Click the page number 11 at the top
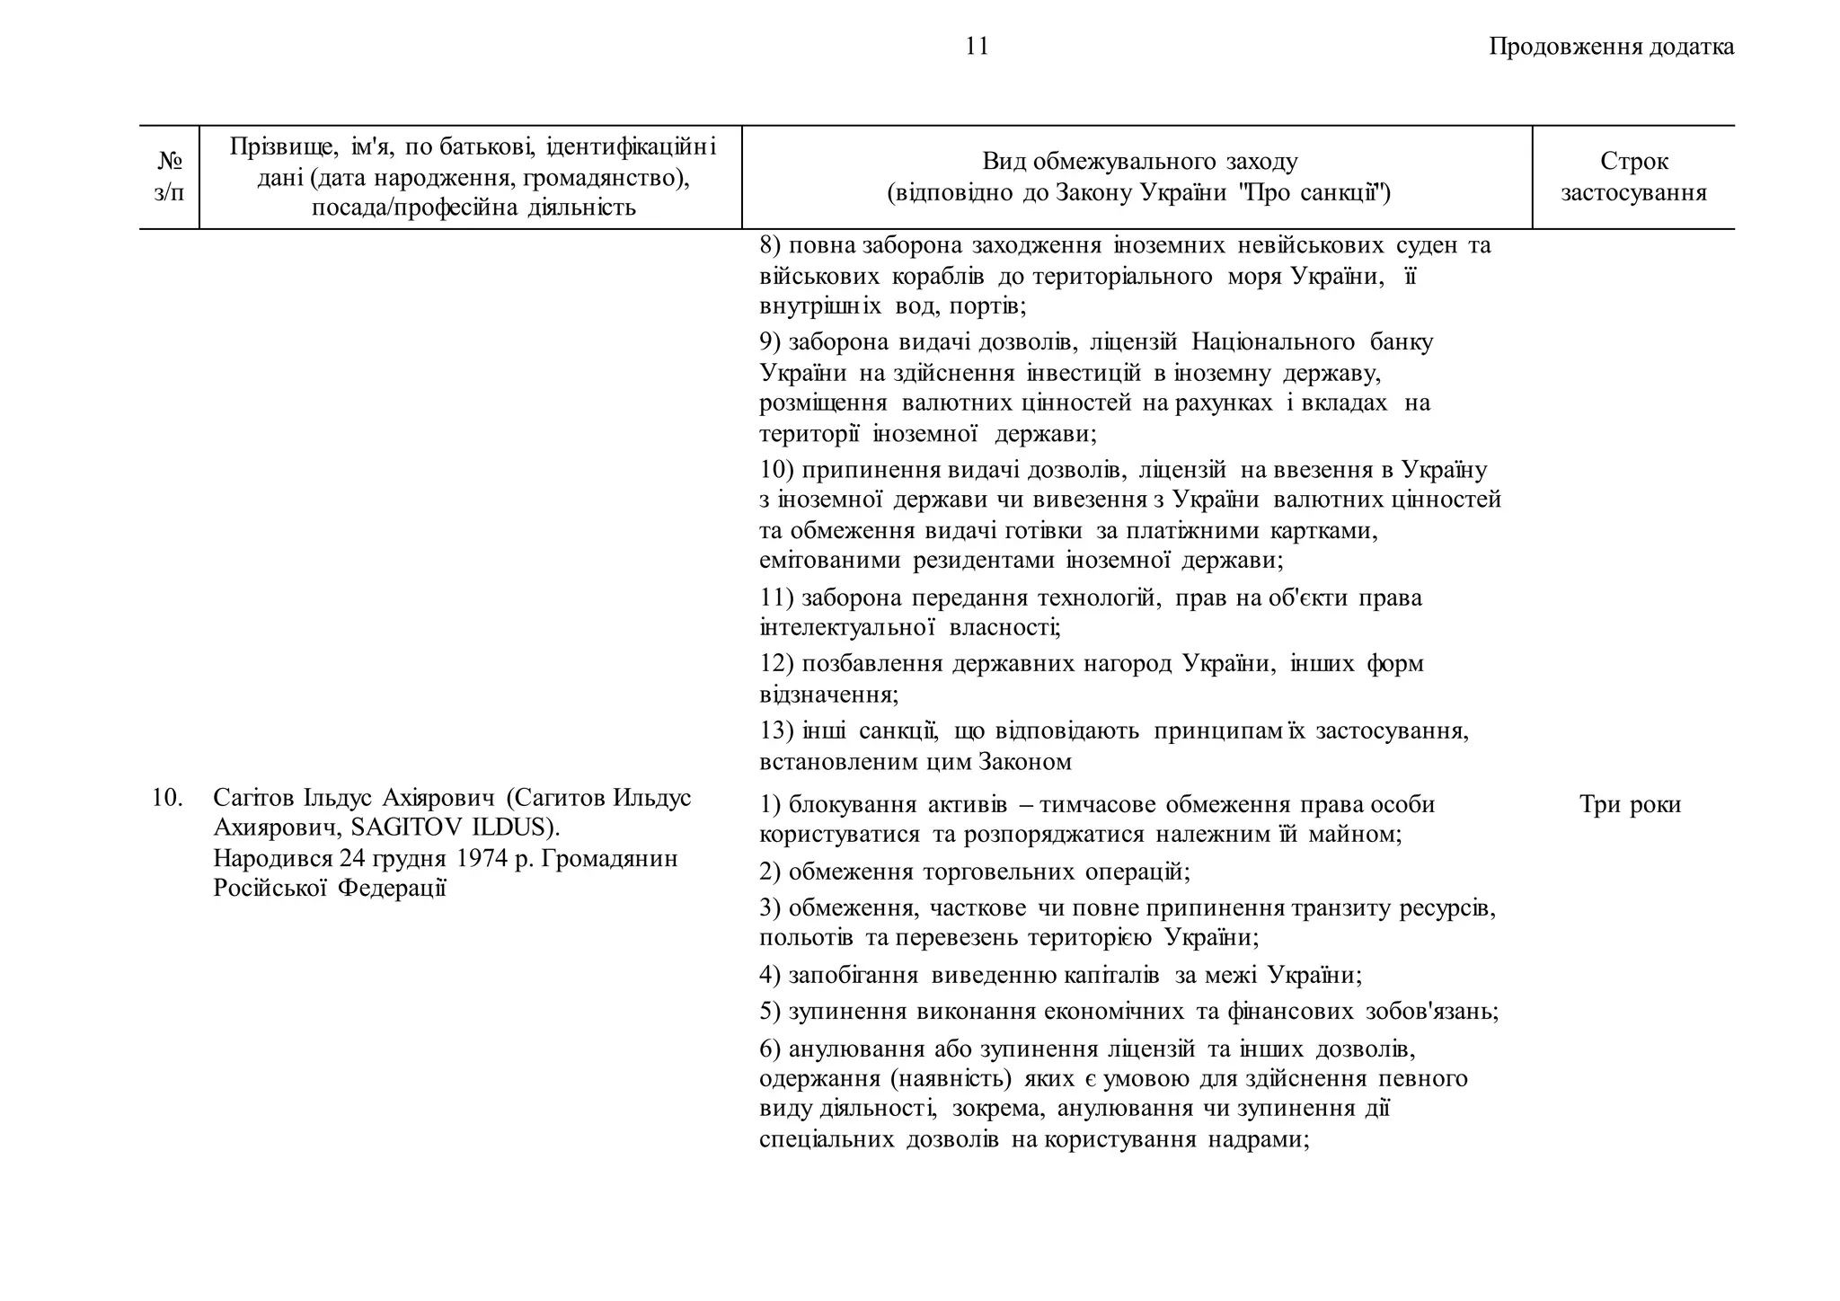(x=977, y=46)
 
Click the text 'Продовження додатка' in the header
(x=1611, y=46)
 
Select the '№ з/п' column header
(x=169, y=177)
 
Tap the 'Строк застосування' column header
(x=1633, y=177)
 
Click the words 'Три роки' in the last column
(x=1630, y=804)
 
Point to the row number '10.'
(x=167, y=797)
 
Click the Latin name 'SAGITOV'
(x=408, y=827)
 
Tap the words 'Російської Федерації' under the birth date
(x=330, y=888)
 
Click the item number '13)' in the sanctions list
(x=776, y=730)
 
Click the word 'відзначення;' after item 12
(x=828, y=694)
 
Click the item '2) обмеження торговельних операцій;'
(x=975, y=872)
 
